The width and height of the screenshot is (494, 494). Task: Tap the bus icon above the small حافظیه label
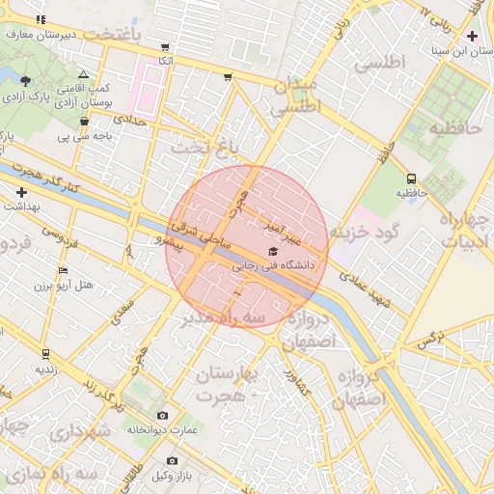click(x=412, y=178)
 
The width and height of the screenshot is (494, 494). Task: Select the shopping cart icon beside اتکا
click(x=165, y=46)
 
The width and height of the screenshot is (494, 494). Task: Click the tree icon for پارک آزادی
click(x=25, y=81)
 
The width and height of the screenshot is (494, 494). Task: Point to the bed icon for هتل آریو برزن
click(x=64, y=271)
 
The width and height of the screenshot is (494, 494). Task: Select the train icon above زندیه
click(x=45, y=354)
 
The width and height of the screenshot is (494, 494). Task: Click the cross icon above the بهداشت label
click(x=21, y=192)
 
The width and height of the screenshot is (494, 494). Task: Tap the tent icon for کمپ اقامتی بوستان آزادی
click(x=84, y=74)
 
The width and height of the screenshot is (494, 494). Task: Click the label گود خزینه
click(x=365, y=233)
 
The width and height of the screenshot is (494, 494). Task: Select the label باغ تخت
click(x=203, y=148)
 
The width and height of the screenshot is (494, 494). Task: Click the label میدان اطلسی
click(x=295, y=97)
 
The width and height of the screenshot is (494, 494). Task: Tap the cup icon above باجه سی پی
click(x=85, y=122)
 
